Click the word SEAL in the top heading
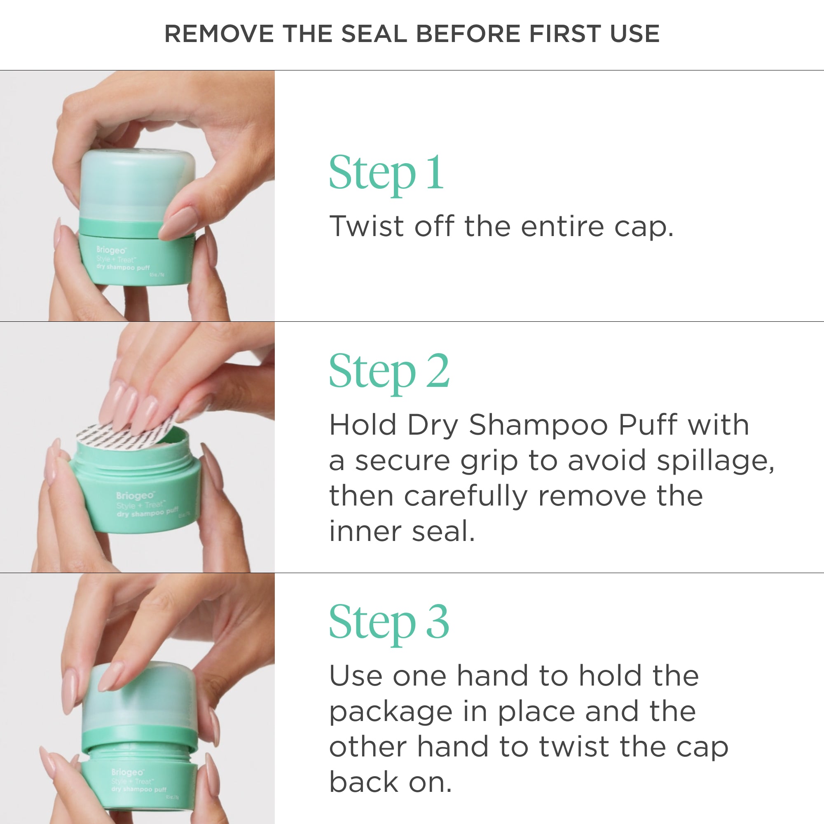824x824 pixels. [374, 34]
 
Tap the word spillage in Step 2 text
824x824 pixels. [715, 461]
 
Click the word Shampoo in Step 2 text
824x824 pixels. [538, 425]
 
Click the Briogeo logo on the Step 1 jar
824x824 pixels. [111, 250]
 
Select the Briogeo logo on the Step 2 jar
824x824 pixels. [135, 496]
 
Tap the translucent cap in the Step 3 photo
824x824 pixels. [141, 700]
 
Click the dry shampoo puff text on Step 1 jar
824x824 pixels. [123, 267]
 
